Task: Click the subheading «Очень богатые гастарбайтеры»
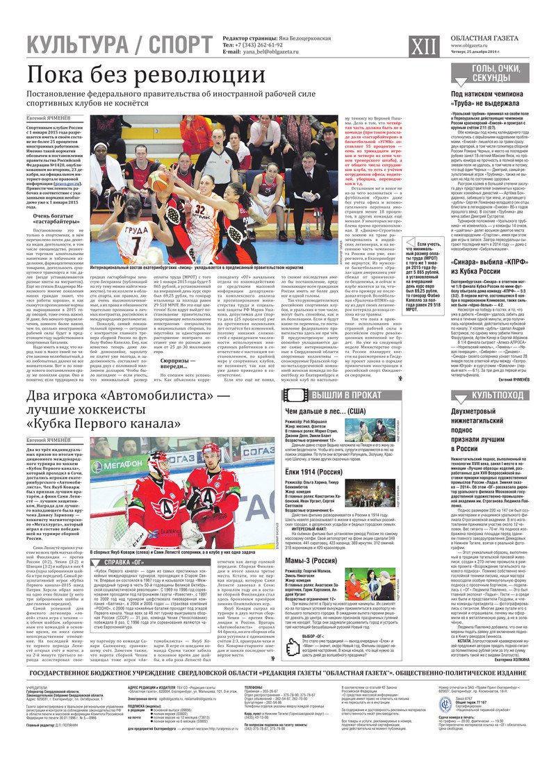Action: [54, 220]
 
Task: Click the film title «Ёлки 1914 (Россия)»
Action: [316, 472]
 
